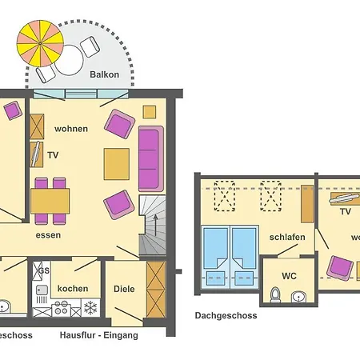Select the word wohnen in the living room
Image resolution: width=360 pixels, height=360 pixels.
click(70, 128)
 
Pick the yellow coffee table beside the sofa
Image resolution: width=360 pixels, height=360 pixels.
click(117, 164)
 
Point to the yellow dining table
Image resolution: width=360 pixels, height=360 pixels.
click(50, 198)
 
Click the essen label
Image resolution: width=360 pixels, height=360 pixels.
click(49, 236)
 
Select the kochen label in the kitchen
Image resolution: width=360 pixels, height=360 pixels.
click(73, 288)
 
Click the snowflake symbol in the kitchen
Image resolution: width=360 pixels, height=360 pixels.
click(90, 307)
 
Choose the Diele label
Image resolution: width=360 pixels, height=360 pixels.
click(124, 289)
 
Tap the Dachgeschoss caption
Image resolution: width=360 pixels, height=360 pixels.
click(225, 316)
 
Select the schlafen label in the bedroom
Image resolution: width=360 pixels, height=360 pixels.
click(286, 238)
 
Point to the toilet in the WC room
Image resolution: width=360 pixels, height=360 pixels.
click(276, 296)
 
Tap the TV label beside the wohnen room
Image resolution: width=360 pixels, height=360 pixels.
click(53, 154)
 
